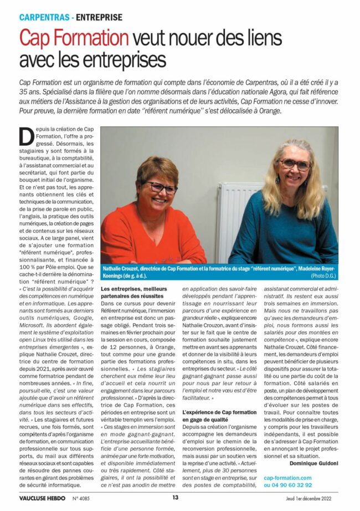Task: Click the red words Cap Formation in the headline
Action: coord(74,38)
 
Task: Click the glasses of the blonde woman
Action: coord(295,164)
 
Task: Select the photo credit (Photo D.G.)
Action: coord(323,275)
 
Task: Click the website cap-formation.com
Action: coord(288,477)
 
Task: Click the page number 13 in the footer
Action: coord(175,497)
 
